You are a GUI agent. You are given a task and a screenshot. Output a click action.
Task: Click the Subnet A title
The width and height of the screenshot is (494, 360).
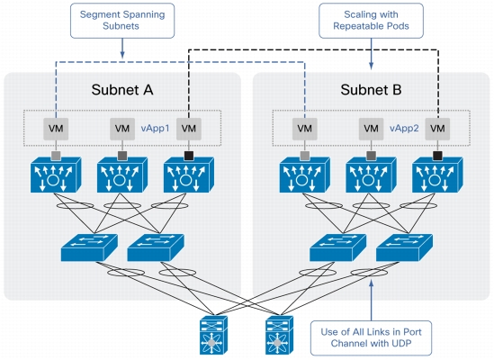122,89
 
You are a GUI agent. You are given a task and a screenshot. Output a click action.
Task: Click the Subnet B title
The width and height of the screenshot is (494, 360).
371,89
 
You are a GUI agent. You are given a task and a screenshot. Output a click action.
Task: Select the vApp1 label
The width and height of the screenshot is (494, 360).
155,129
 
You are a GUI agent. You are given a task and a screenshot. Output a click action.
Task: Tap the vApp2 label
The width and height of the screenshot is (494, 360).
404,129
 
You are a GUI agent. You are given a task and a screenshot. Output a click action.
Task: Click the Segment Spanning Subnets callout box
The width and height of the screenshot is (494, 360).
122,21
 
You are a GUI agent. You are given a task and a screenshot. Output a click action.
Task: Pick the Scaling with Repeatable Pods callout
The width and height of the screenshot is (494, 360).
371,21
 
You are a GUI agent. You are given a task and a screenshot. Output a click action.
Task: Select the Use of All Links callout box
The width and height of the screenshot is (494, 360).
371,337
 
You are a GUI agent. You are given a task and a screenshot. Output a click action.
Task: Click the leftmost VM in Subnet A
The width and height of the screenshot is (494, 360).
56,129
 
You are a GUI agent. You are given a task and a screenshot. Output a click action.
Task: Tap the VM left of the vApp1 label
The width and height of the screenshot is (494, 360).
122,129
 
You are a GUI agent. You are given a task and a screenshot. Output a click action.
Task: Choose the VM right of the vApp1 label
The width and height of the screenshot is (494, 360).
189,129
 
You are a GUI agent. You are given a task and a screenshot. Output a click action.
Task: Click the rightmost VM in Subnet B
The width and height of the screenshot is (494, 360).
437,129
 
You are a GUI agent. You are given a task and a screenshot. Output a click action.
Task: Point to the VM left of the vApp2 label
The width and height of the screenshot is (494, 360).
371,129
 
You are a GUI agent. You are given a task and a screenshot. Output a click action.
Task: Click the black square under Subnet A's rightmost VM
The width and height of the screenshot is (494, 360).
189,156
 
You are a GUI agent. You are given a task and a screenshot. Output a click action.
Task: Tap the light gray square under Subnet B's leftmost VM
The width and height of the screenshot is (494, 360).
305,156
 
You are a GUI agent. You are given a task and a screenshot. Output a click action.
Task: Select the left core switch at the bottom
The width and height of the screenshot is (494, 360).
213,335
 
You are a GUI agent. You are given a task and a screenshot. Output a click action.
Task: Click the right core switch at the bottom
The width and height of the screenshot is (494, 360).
280,335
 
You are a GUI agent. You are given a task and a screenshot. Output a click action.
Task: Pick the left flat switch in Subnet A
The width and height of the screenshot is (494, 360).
89,247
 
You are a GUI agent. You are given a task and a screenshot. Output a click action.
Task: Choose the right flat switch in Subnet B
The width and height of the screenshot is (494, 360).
404,247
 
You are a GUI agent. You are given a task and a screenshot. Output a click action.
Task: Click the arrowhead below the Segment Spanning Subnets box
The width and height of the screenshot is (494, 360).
122,55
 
